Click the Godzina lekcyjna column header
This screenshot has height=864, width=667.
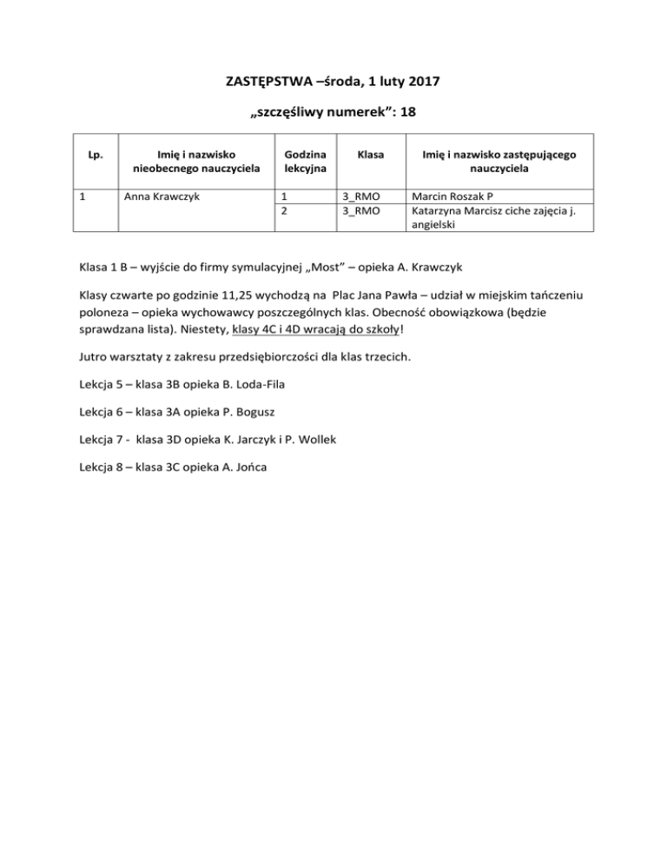[x=297, y=161]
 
